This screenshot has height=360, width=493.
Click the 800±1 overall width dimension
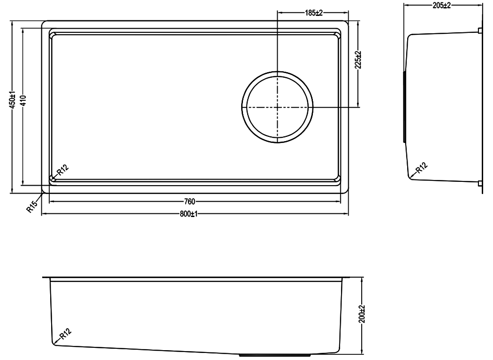coord(188,214)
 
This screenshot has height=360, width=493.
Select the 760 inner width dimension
coord(190,202)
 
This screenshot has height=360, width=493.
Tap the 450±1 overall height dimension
coord(12,100)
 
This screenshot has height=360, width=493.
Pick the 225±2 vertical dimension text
coord(358,60)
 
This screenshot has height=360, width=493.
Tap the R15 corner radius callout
coord(32,206)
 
